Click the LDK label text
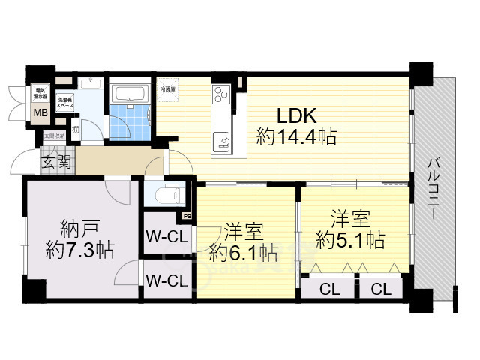click(x=299, y=116)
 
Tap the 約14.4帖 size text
click(x=295, y=137)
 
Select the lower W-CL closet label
click(x=166, y=281)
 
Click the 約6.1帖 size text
click(x=244, y=251)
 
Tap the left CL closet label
click(x=328, y=288)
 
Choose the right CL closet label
click(x=380, y=288)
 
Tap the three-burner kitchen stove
click(x=221, y=95)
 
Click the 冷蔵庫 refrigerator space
click(x=169, y=90)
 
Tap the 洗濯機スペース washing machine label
click(x=66, y=101)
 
